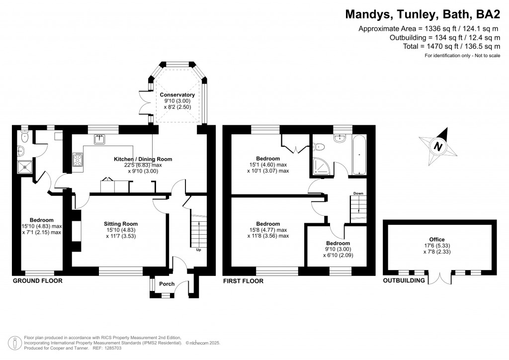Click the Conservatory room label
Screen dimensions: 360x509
(x=177, y=94)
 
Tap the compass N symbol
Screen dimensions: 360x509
(x=438, y=146)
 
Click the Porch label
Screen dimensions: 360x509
(x=167, y=284)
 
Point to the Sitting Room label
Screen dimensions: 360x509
(x=121, y=224)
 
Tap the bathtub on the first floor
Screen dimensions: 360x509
(x=358, y=155)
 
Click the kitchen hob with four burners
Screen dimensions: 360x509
(x=79, y=159)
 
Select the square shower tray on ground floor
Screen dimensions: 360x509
(x=25, y=167)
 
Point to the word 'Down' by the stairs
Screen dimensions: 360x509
(x=358, y=193)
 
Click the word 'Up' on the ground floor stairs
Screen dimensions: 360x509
(x=199, y=250)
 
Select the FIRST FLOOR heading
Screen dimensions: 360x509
(x=243, y=281)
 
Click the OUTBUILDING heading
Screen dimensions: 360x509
(x=404, y=281)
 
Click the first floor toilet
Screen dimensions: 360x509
(x=320, y=146)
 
